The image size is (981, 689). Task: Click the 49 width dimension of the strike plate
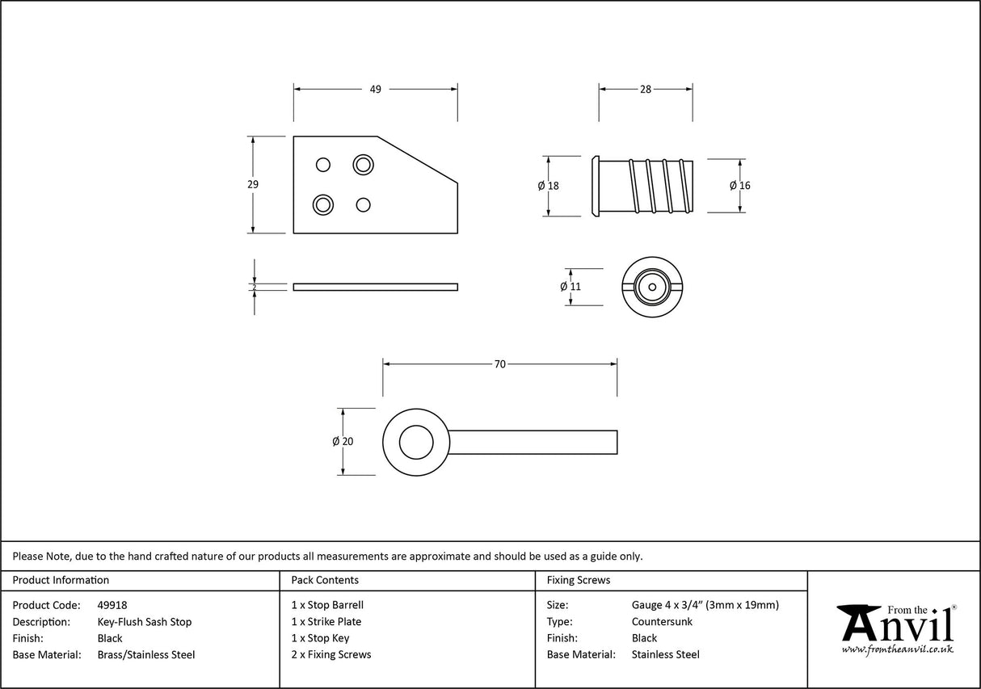point(375,90)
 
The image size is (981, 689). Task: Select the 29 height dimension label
point(253,184)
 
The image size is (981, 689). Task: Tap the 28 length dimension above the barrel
point(645,90)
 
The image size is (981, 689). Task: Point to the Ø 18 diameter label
point(548,186)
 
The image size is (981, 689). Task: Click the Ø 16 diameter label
point(739,186)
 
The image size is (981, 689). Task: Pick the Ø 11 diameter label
point(570,287)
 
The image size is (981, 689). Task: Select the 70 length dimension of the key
point(499,364)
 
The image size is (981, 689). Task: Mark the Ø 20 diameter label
point(343,442)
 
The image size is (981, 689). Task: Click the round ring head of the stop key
point(416,442)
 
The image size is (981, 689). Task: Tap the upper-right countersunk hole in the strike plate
point(364,165)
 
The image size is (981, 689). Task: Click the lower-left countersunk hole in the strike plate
point(323,204)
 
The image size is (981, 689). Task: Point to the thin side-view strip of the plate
point(375,287)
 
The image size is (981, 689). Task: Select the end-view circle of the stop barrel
point(653,287)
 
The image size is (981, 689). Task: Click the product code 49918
point(112,605)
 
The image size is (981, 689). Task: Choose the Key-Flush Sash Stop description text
point(144,622)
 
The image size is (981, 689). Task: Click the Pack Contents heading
point(325,580)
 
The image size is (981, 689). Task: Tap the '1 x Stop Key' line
point(320,638)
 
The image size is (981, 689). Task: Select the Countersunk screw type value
point(662,622)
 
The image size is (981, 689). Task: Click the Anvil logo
point(895,628)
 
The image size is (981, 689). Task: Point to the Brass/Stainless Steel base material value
point(145,655)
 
